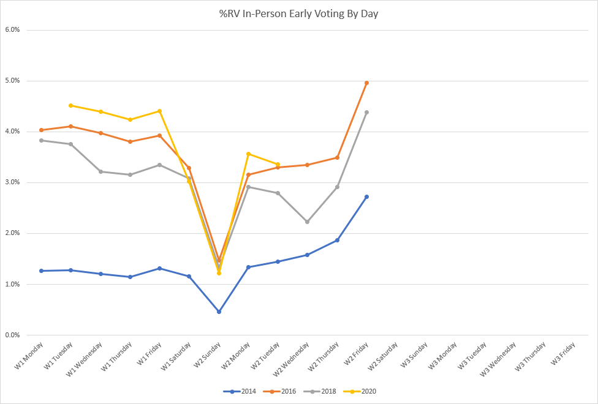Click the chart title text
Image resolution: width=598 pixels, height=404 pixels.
[x=299, y=13]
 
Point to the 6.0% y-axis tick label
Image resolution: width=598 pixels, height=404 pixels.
[x=12, y=29]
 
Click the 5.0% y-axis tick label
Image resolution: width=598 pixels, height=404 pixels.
[x=12, y=80]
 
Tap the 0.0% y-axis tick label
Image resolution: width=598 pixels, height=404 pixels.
[x=12, y=335]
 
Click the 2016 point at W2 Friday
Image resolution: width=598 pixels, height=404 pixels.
[x=366, y=83]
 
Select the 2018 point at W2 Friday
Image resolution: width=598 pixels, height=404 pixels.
[x=366, y=112]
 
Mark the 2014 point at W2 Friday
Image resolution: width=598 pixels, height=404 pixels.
[x=366, y=196]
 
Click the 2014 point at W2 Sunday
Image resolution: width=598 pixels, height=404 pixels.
[x=219, y=312]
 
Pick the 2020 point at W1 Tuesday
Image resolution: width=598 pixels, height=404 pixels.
[x=71, y=105]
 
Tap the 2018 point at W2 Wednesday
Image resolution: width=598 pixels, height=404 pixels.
[x=307, y=222]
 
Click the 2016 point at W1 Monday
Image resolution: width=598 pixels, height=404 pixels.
[x=42, y=130]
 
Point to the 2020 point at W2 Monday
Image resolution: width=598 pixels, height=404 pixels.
[x=248, y=154]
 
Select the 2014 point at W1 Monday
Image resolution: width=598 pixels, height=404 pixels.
[x=42, y=271]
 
